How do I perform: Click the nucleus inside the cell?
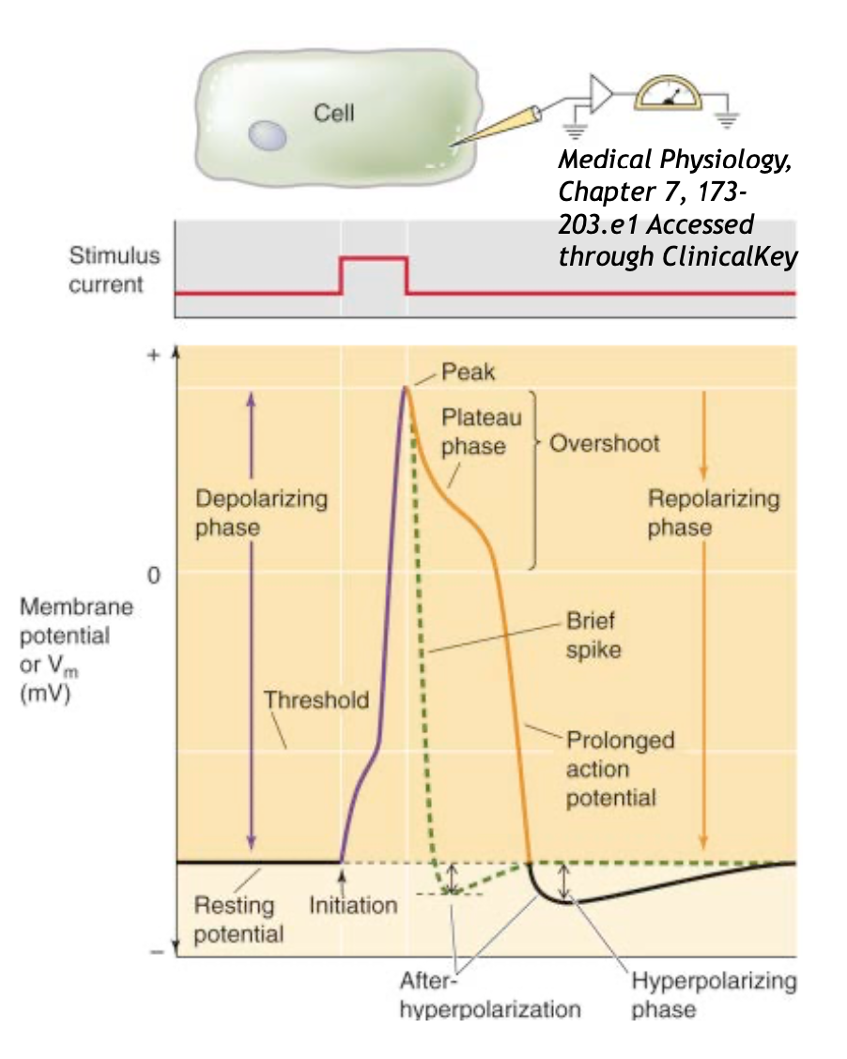click(267, 138)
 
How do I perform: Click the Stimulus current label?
click(115, 270)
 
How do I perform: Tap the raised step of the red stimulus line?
click(374, 258)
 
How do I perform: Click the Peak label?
click(468, 373)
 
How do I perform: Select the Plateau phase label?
click(481, 431)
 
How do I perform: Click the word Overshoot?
click(604, 442)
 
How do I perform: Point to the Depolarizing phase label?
click(261, 513)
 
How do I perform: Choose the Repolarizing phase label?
click(714, 513)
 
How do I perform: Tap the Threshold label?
click(316, 700)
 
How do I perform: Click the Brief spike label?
click(593, 635)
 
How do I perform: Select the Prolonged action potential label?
click(619, 769)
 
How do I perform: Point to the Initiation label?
click(353, 907)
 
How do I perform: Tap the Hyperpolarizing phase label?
click(714, 996)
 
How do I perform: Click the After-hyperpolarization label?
click(489, 996)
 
